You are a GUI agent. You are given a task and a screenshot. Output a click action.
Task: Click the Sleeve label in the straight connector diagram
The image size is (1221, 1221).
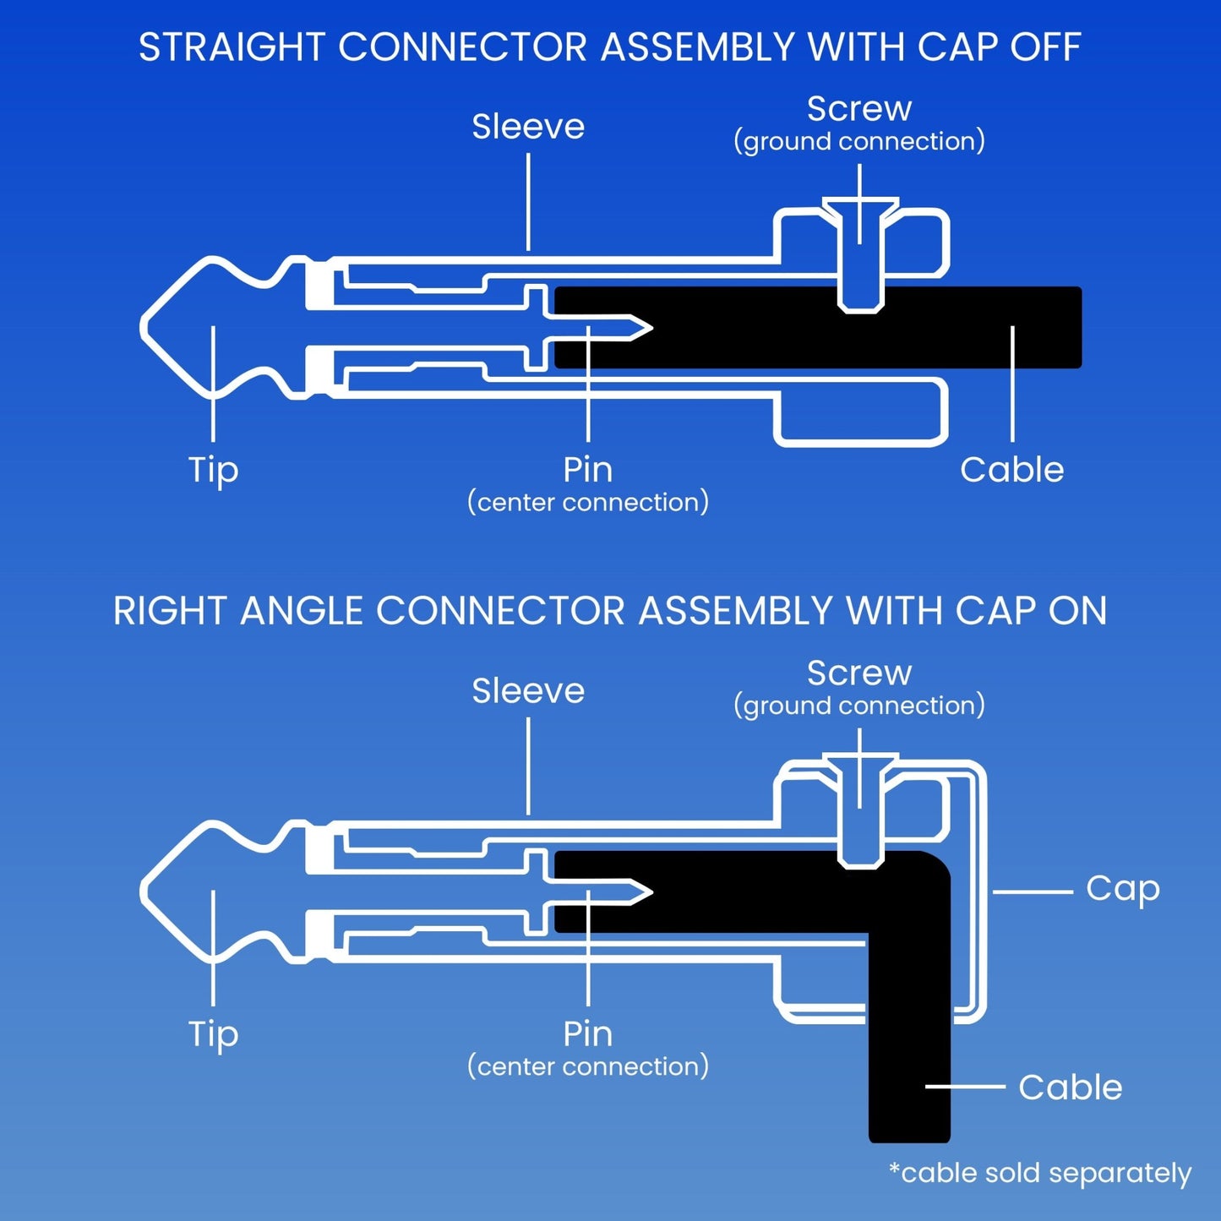click(x=528, y=127)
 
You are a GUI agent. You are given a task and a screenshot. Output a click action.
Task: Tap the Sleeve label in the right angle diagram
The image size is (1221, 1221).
click(x=528, y=691)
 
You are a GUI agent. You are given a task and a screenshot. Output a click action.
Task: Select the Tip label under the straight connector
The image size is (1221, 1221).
click(x=213, y=470)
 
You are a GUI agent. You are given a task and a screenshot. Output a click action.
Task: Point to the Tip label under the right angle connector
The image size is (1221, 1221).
click(x=213, y=1034)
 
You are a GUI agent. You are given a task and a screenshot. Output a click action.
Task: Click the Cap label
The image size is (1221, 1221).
click(x=1122, y=888)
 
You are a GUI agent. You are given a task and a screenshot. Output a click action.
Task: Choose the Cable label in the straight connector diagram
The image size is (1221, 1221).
click(x=1011, y=470)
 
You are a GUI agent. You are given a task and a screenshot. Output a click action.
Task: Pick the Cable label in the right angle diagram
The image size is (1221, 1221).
click(x=1070, y=1087)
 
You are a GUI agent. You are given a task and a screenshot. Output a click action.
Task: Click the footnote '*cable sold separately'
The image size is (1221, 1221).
click(x=1040, y=1173)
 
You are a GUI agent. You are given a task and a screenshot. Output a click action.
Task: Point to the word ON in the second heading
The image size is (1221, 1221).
click(x=1077, y=611)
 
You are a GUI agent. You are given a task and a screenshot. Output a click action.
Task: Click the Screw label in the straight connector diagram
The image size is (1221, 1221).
click(x=859, y=109)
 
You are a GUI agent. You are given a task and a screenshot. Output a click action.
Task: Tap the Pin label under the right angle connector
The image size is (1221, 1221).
click(x=587, y=1034)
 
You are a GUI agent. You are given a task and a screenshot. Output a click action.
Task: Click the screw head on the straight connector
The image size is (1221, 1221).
click(x=860, y=211)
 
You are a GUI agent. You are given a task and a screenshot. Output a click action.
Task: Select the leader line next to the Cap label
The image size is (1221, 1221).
click(x=1032, y=891)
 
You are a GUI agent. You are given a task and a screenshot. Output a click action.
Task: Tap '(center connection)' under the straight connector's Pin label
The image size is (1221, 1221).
click(x=588, y=502)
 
